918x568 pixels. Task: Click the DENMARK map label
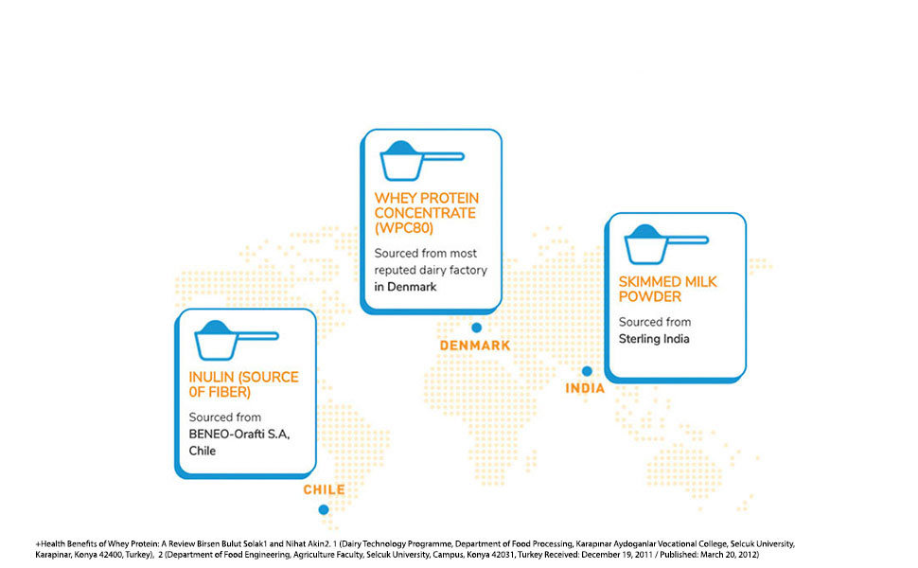pos(475,346)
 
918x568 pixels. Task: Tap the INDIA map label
pos(585,388)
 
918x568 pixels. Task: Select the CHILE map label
pos(324,489)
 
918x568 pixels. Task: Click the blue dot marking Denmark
pos(477,328)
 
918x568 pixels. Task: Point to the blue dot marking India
pos(587,371)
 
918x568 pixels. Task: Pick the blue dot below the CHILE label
pos(323,510)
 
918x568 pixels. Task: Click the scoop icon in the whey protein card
pos(421,160)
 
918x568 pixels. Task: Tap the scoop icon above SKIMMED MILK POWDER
pos(666,244)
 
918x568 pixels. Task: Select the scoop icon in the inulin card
pos(237,340)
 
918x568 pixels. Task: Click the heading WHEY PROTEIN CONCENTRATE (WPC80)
pos(426,213)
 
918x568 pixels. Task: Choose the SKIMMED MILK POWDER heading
pos(667,290)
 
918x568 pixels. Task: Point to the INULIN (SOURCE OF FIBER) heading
pos(243,384)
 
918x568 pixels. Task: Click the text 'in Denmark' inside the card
pos(405,287)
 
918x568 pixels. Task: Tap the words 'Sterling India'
pos(654,339)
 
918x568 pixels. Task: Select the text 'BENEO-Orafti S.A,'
pos(238,435)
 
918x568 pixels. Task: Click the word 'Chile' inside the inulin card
pos(202,451)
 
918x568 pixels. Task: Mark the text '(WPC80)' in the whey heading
pos(403,228)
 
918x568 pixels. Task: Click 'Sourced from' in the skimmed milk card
pos(655,322)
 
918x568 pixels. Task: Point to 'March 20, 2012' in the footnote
pos(733,555)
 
